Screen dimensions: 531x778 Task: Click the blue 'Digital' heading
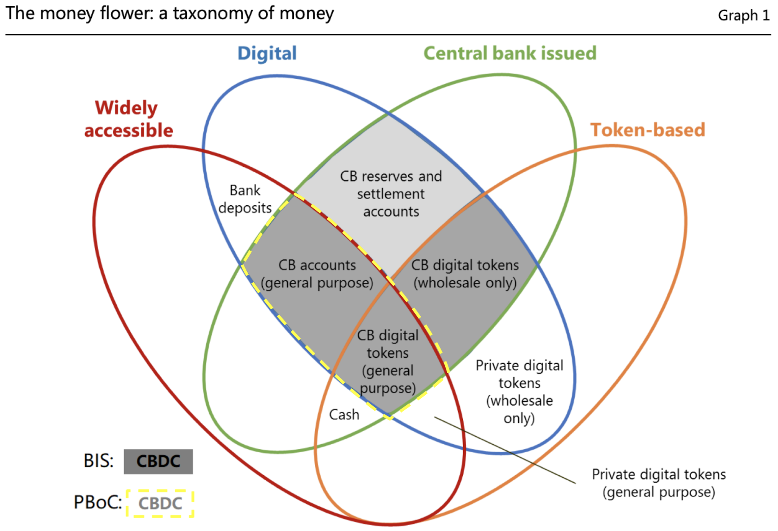pyautogui.click(x=267, y=53)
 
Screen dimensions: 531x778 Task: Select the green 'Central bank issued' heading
pyautogui.click(x=510, y=53)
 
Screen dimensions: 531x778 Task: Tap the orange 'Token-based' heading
pyautogui.click(x=648, y=130)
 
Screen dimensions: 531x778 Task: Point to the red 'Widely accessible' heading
pyautogui.click(x=128, y=119)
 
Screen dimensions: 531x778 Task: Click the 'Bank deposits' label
pyautogui.click(x=245, y=199)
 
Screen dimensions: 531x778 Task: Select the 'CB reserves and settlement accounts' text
pyautogui.click(x=391, y=194)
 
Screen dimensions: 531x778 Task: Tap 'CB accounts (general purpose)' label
pyautogui.click(x=317, y=274)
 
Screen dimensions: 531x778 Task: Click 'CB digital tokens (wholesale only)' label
pyautogui.click(x=465, y=274)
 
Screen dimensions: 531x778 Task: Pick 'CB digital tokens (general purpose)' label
pyautogui.click(x=388, y=362)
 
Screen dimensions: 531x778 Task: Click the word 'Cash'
pyautogui.click(x=344, y=415)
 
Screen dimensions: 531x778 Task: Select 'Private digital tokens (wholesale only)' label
pyautogui.click(x=519, y=392)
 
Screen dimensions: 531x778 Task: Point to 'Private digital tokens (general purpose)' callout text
pyautogui.click(x=659, y=483)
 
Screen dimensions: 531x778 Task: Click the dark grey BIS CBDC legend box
pyautogui.click(x=158, y=462)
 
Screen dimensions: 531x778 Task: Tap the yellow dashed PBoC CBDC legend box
pyautogui.click(x=160, y=503)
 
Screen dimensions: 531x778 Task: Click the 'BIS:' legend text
pyautogui.click(x=98, y=461)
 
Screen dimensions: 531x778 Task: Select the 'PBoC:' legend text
pyautogui.click(x=98, y=502)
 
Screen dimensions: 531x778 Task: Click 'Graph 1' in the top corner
pyautogui.click(x=743, y=16)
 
